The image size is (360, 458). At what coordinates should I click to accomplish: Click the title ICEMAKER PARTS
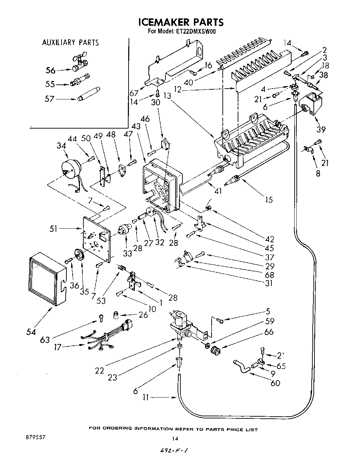181,22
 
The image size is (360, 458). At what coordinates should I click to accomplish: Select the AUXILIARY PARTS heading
71,43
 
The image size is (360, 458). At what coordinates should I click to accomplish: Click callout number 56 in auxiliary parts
50,71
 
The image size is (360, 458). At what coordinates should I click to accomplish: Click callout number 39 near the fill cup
321,129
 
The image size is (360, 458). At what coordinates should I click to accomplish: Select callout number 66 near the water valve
269,332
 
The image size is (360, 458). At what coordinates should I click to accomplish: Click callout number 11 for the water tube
146,397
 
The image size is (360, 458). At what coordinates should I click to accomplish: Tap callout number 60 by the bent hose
275,383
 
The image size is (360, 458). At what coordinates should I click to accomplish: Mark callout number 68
269,275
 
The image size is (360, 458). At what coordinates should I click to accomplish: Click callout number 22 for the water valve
99,371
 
